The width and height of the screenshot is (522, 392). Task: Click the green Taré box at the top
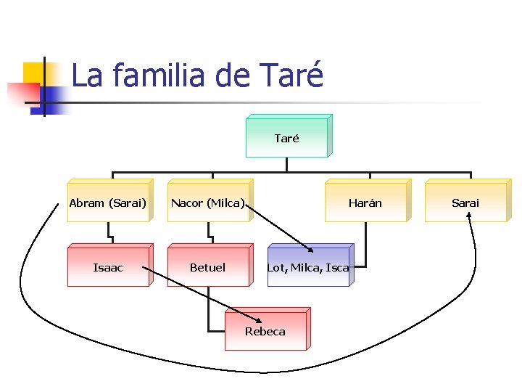[287, 138]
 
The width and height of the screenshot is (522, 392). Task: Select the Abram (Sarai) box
[108, 203]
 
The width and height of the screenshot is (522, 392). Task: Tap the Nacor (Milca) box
[208, 203]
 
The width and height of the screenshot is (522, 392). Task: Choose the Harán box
[365, 203]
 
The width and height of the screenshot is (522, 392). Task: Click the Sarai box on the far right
[465, 203]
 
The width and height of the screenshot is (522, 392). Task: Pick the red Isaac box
[108, 267]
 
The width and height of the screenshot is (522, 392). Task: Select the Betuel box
[208, 267]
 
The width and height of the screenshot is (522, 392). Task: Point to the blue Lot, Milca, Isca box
[308, 267]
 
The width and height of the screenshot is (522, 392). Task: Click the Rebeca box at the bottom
[265, 331]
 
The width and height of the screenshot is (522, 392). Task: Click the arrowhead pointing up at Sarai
[469, 215]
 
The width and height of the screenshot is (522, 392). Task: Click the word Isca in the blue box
[337, 268]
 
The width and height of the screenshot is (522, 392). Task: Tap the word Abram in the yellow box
[87, 203]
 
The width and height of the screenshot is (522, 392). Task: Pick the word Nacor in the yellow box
[186, 203]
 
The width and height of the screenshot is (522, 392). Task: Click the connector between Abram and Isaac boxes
[109, 232]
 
